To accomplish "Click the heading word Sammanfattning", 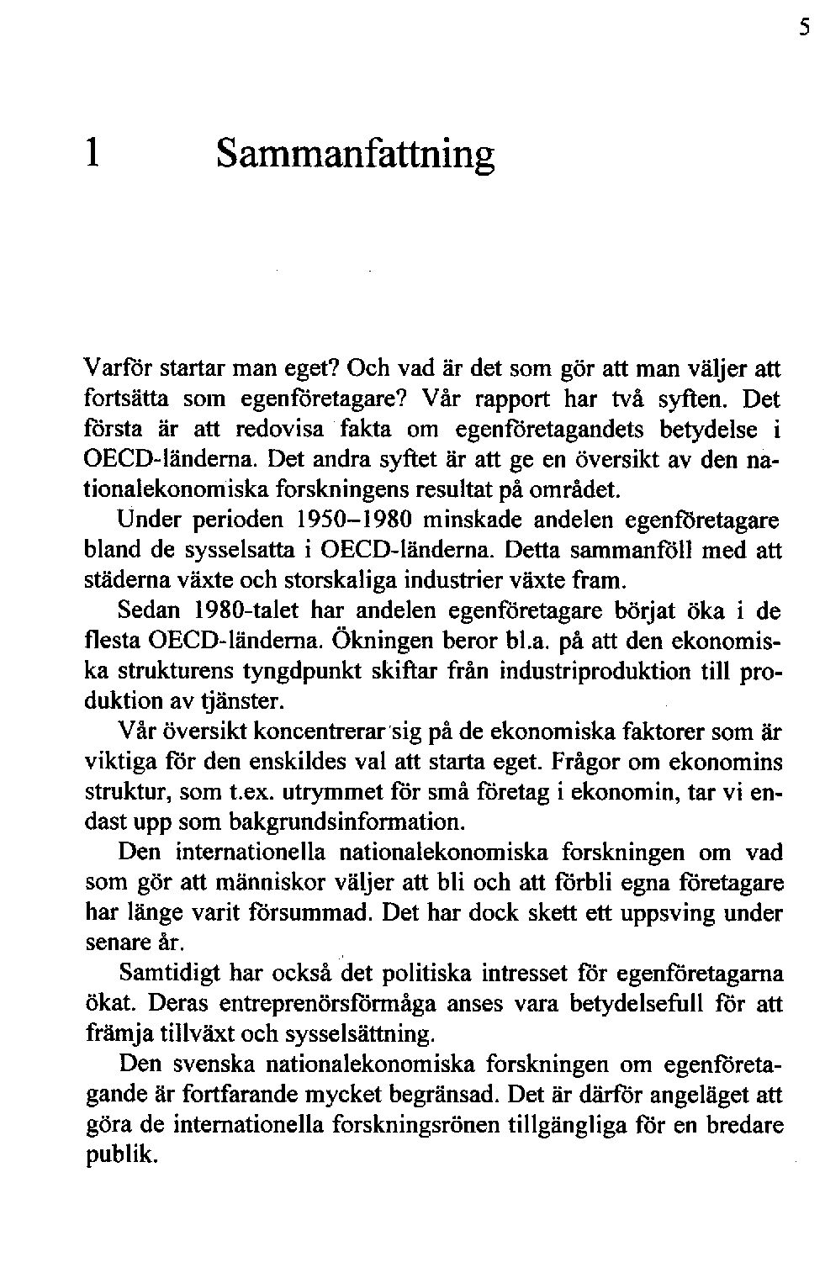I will tap(355, 155).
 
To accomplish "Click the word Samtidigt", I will tap(168, 974).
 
